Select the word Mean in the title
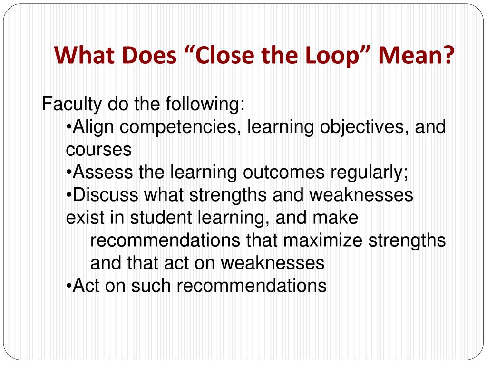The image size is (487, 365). (x=413, y=56)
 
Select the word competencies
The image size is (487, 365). (x=183, y=127)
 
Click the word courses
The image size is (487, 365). (x=98, y=150)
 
